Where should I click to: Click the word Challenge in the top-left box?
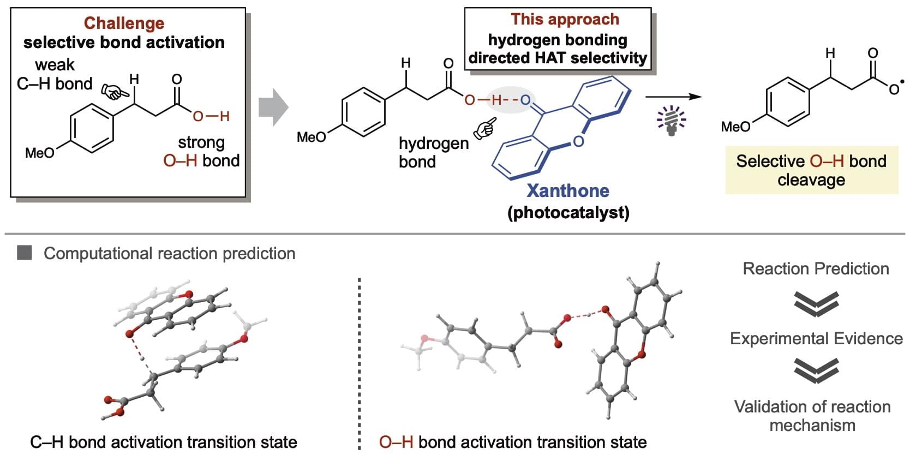[x=124, y=23]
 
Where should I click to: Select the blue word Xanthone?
[x=568, y=190]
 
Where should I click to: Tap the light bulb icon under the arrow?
[x=672, y=120]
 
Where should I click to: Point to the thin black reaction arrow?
[x=673, y=97]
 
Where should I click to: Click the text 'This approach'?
[x=565, y=19]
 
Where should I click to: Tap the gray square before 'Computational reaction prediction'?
[x=25, y=253]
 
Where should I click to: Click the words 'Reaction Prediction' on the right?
[x=816, y=268]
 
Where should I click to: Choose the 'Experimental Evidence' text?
[x=816, y=338]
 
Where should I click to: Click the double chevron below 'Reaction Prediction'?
[x=816, y=303]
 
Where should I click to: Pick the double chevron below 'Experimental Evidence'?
[x=816, y=371]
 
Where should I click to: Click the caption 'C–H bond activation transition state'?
[x=163, y=441]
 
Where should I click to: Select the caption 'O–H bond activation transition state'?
[x=513, y=441]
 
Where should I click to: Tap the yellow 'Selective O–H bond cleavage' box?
[x=811, y=170]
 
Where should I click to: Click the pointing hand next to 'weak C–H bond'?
[x=113, y=93]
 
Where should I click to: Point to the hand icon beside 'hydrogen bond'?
[x=484, y=128]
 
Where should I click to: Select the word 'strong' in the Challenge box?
[x=201, y=142]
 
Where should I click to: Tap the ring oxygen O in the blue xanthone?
[x=578, y=141]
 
